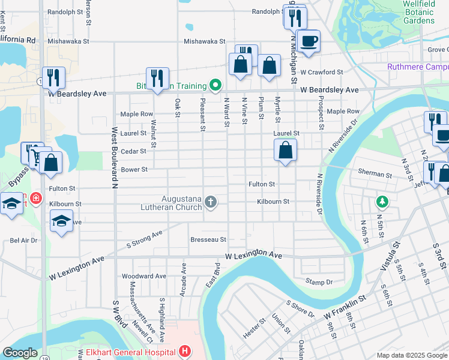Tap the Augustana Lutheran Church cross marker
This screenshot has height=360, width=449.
pyautogui.click(x=211, y=202)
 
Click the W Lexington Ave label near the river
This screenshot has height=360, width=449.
pyautogui.click(x=253, y=256)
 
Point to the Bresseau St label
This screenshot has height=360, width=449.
pyautogui.click(x=208, y=239)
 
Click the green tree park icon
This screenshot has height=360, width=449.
pyautogui.click(x=380, y=200)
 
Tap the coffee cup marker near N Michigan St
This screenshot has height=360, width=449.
pyautogui.click(x=309, y=41)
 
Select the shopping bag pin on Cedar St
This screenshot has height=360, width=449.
pyautogui.click(x=286, y=150)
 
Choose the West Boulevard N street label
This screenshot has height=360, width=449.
pyautogui.click(x=113, y=157)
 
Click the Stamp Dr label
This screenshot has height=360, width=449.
pyautogui.click(x=319, y=281)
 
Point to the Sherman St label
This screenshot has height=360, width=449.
pyautogui.click(x=374, y=175)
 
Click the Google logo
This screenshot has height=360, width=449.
pyautogui.click(x=20, y=353)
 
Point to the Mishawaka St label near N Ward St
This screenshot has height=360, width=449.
pyautogui.click(x=204, y=41)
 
